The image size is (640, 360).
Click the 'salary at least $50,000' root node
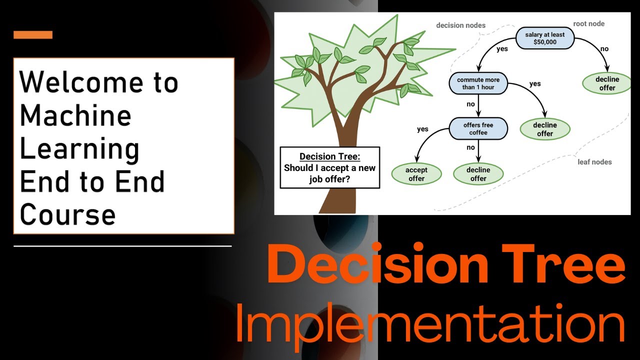[x=544, y=38]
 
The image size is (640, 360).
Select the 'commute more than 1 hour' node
[x=478, y=83]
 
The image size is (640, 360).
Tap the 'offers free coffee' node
[x=478, y=128]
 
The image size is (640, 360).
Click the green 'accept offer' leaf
[x=416, y=174]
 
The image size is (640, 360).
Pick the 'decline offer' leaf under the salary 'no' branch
[x=607, y=83]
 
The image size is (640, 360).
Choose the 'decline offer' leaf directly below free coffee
[x=478, y=174]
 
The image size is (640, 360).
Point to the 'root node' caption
[x=588, y=23]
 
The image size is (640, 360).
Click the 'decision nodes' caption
[x=460, y=25]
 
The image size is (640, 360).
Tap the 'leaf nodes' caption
[x=594, y=162]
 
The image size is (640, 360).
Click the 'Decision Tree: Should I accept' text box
[x=329, y=167]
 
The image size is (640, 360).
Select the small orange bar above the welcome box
[x=33, y=35]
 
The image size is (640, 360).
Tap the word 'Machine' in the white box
[x=75, y=115]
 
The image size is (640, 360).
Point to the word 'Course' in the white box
[x=67, y=214]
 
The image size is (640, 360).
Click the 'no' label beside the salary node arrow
[x=604, y=49]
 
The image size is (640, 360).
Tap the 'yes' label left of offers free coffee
[x=422, y=129]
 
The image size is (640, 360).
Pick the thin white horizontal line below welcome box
[x=122, y=246]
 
